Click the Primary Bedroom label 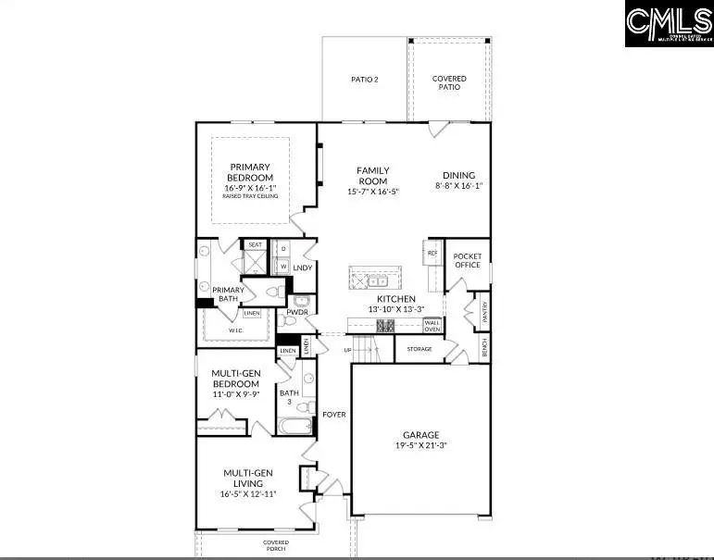click(251, 172)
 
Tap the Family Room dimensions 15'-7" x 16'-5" click(372, 192)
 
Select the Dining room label click(458, 175)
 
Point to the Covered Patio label click(449, 83)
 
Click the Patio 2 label click(364, 80)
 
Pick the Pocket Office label click(468, 260)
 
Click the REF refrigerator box click(432, 253)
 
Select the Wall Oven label click(432, 326)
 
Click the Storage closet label click(420, 349)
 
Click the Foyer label click(333, 414)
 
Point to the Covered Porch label click(276, 546)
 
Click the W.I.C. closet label click(237, 330)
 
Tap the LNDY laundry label click(302, 268)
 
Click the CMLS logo click(669, 24)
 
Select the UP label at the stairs click(347, 350)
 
